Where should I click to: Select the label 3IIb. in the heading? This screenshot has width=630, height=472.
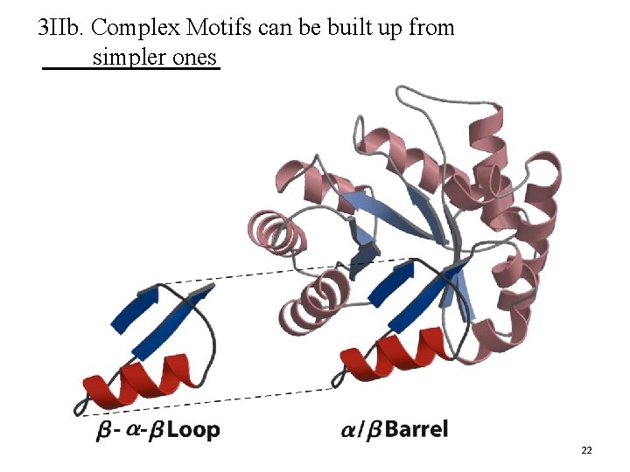click(x=61, y=28)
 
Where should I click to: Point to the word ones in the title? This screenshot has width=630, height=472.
click(x=199, y=58)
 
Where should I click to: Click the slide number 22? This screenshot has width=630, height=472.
click(x=586, y=450)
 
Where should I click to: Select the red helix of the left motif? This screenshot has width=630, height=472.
click(x=140, y=385)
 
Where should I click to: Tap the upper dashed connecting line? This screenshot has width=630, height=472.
click(x=289, y=270)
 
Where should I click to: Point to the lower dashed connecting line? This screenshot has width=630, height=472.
click(x=210, y=400)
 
